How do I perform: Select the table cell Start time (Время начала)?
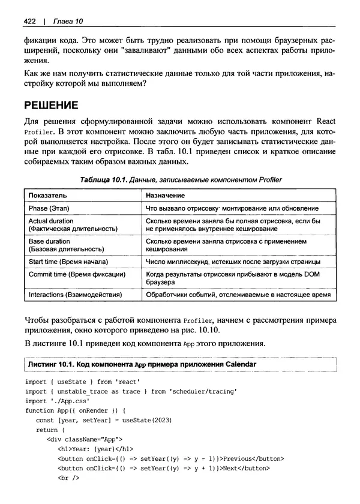point(68,262)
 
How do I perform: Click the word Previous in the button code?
point(250,459)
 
